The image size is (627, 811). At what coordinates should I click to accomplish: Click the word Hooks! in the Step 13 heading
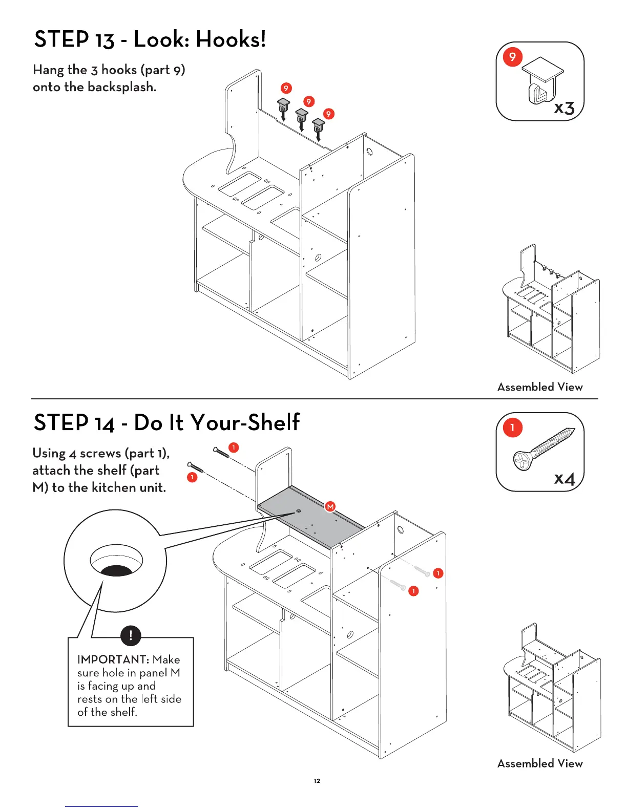click(231, 39)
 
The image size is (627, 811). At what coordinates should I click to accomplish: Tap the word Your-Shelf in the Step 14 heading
click(245, 423)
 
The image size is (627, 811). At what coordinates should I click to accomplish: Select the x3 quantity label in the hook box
click(564, 108)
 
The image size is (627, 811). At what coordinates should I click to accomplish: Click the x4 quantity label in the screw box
click(565, 478)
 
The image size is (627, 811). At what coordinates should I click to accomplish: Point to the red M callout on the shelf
click(330, 506)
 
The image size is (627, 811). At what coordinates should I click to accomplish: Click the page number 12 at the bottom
click(317, 781)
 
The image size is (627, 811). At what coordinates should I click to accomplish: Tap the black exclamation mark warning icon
click(131, 636)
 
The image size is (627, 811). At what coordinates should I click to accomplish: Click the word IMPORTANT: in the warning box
click(113, 659)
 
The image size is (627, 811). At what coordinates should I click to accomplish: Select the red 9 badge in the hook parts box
click(512, 57)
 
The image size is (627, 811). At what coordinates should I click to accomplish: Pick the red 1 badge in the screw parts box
click(512, 428)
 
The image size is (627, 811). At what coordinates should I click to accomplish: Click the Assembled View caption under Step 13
click(540, 387)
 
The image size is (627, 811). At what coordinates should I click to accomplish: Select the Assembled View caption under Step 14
click(540, 763)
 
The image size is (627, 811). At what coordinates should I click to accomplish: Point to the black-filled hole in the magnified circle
click(116, 570)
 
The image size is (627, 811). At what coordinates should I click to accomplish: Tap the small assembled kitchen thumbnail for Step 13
click(552, 309)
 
